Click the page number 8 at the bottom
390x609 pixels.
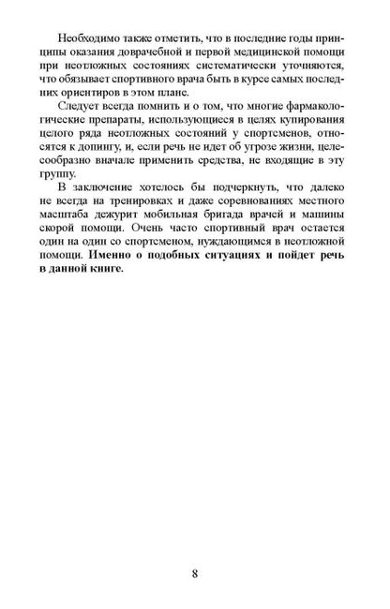[x=195, y=572]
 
